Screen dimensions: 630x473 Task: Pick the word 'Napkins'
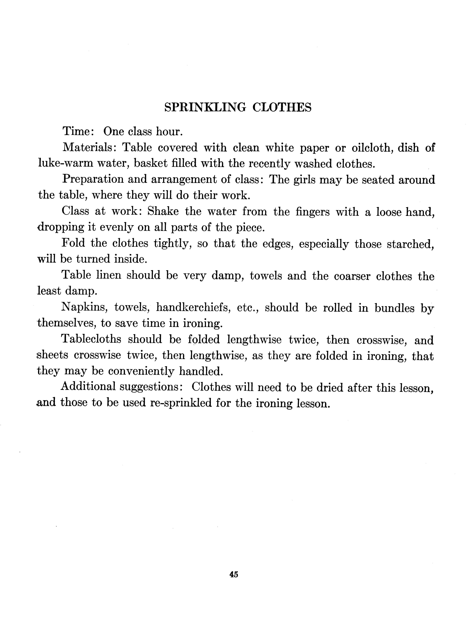[x=85, y=307]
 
